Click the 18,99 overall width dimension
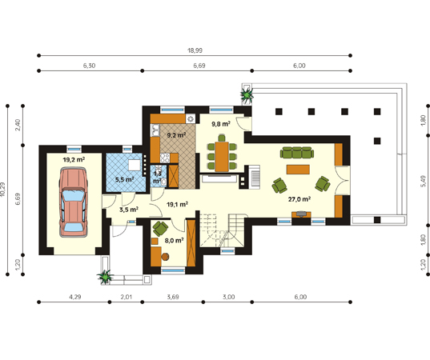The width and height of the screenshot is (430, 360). (x=195, y=50)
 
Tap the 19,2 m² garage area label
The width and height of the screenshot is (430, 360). (x=74, y=159)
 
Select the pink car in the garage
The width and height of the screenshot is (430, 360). (x=73, y=202)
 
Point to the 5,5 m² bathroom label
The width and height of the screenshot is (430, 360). (x=124, y=180)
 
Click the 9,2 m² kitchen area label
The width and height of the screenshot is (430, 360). (x=176, y=134)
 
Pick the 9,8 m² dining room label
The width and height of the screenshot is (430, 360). (x=221, y=124)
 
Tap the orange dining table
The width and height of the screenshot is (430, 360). (x=222, y=156)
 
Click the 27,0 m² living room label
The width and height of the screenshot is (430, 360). (x=299, y=199)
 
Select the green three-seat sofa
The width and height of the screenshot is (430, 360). (x=297, y=152)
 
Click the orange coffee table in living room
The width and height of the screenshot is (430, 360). (x=298, y=170)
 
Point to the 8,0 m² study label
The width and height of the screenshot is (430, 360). (x=174, y=241)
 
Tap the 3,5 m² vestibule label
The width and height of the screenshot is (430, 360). (x=129, y=210)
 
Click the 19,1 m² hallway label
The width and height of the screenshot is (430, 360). (x=177, y=204)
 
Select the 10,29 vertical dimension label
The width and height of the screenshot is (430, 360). (x=2, y=190)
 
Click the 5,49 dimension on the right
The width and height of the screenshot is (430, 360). (x=423, y=181)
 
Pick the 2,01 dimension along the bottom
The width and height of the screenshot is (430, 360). (x=127, y=297)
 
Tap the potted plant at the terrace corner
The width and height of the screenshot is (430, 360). (x=247, y=94)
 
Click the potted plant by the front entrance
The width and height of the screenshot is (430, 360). (x=105, y=277)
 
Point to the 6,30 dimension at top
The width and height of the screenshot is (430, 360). (x=89, y=66)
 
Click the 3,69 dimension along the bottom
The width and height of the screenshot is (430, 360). (x=173, y=297)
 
